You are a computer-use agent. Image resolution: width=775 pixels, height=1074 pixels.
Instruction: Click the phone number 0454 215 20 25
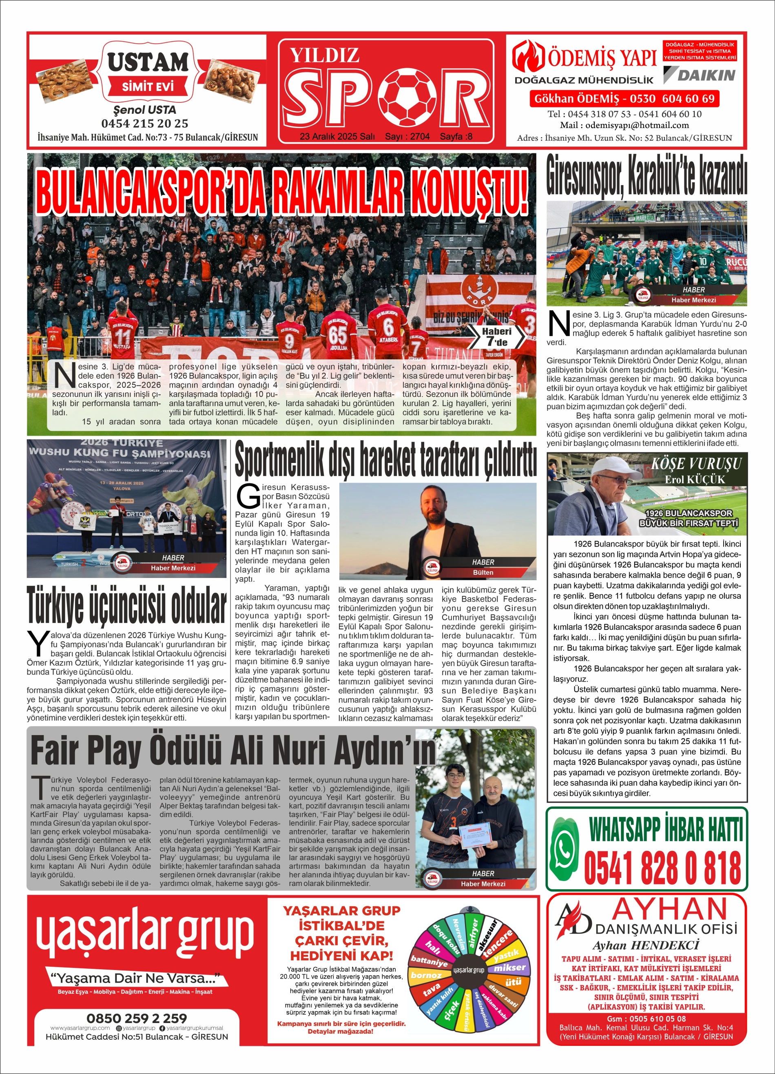point(144,124)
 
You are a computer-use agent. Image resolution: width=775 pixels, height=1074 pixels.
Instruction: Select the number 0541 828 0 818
point(662,868)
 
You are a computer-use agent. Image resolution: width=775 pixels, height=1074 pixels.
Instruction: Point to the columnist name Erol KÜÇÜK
point(694,479)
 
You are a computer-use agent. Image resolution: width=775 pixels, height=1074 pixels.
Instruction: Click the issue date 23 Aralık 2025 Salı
point(337,136)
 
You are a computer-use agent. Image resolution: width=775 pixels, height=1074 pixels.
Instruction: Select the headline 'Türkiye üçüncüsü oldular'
point(126,605)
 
